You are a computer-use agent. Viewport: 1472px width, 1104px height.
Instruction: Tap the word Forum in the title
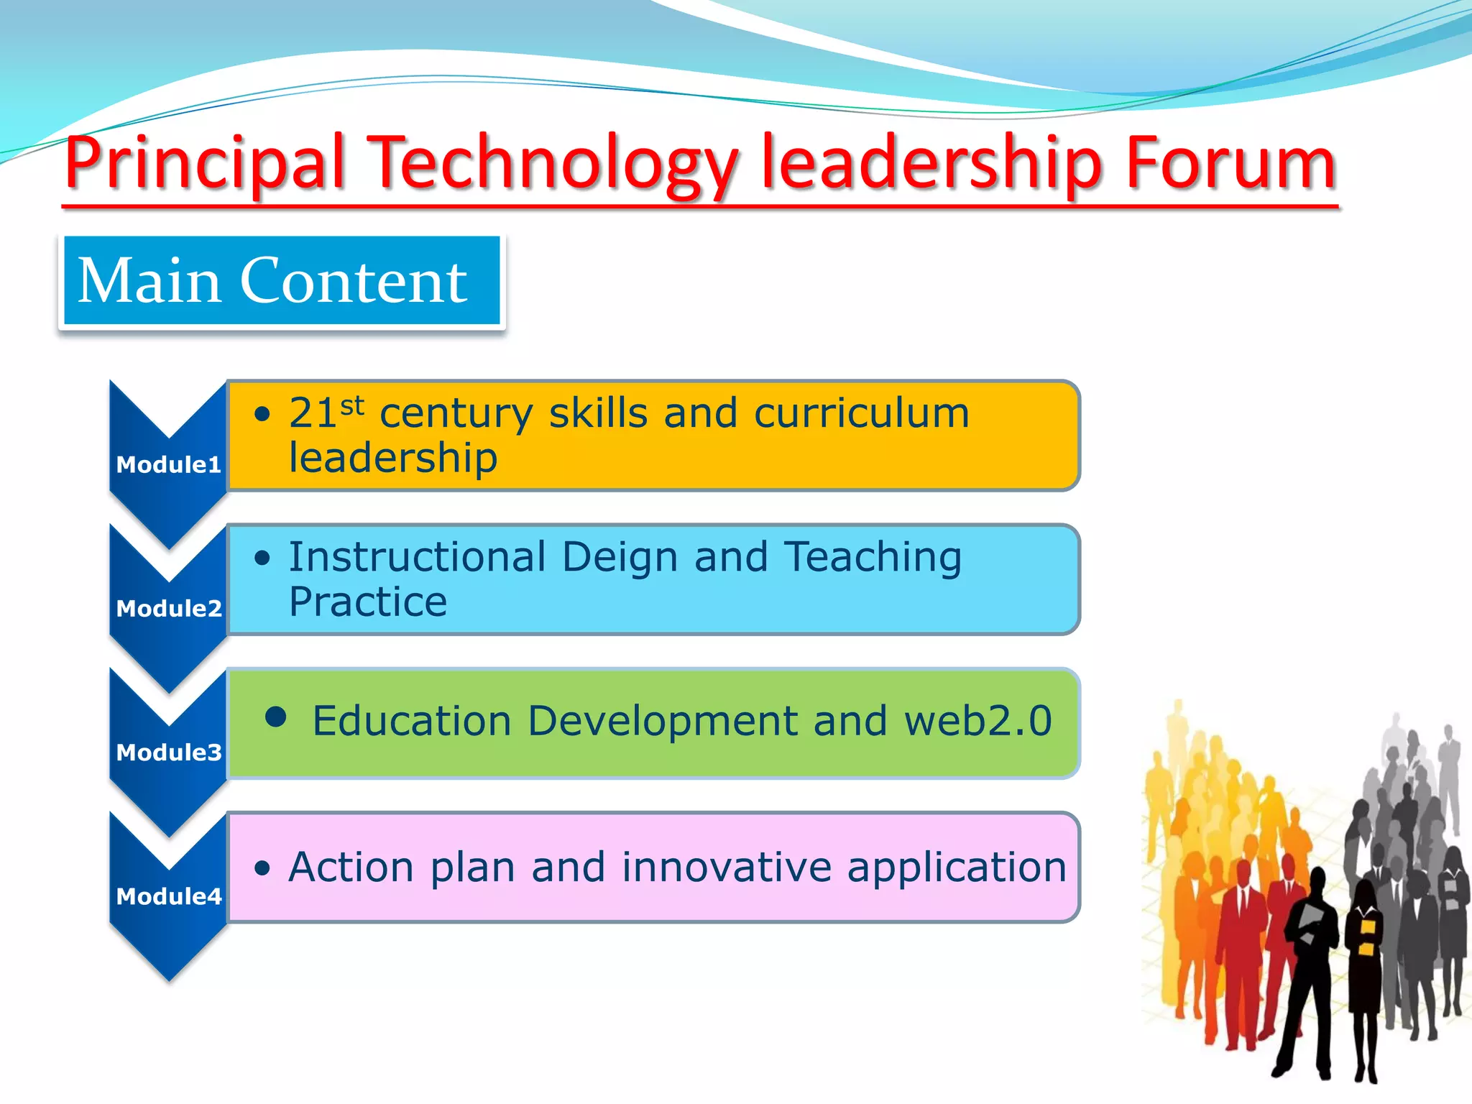(1230, 164)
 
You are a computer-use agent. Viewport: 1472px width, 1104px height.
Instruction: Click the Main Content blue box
(281, 281)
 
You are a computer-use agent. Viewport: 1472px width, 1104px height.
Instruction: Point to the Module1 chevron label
(168, 464)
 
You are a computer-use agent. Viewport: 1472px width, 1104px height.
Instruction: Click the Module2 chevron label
(168, 608)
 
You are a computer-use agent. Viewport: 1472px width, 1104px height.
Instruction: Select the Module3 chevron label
(168, 752)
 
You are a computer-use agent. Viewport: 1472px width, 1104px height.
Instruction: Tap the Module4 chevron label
(168, 896)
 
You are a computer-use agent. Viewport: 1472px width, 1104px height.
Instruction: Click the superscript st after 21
(352, 406)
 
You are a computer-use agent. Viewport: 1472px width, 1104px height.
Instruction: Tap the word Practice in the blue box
(368, 602)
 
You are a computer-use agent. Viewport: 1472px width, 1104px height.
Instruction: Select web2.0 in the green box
(977, 721)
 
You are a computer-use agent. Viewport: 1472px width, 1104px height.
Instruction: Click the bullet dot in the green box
(276, 717)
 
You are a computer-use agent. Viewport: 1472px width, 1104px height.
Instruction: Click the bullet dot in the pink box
(262, 868)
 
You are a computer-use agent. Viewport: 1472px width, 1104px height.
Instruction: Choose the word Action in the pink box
(351, 867)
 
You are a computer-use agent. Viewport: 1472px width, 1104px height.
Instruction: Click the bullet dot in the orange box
(262, 414)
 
